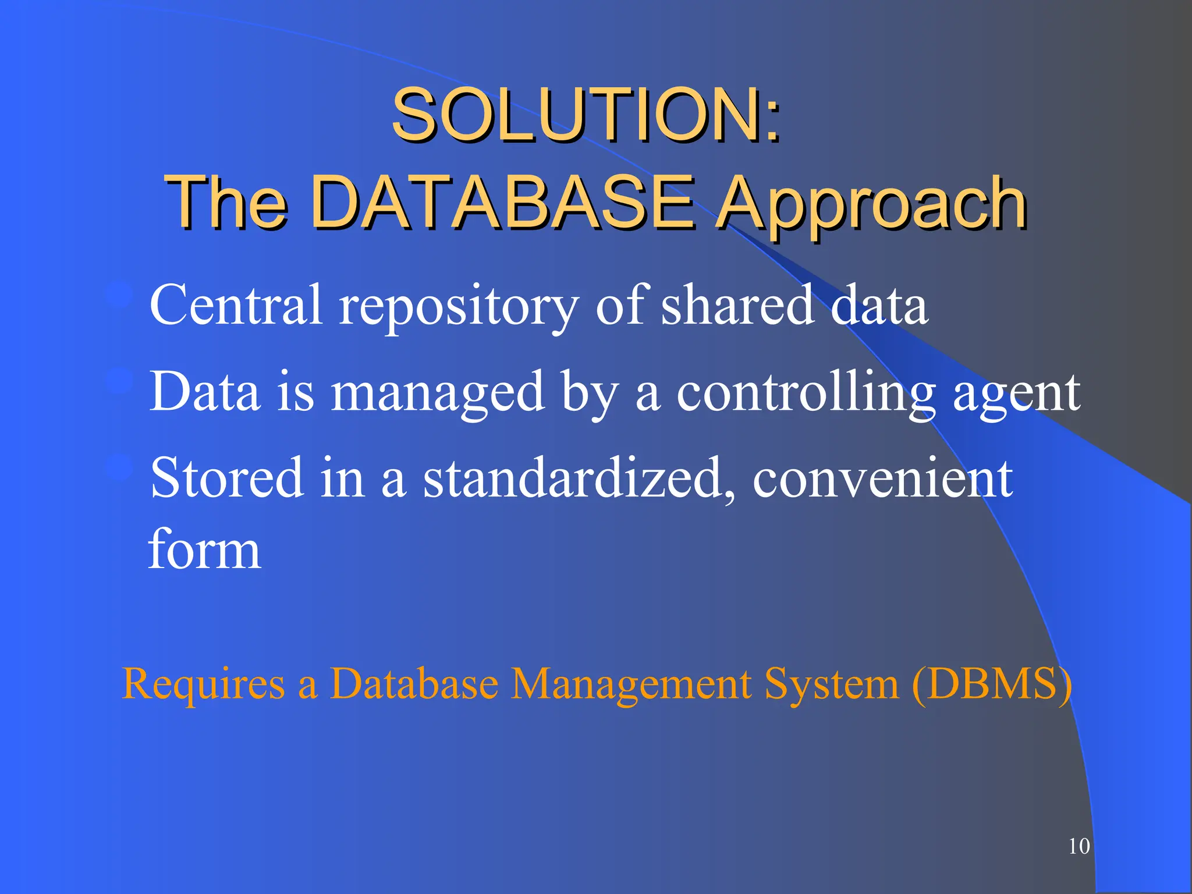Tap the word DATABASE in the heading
coord(503,202)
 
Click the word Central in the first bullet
coord(236,304)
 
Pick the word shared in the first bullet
coord(737,304)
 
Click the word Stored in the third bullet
coord(227,478)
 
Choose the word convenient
coord(882,478)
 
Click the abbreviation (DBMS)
coord(991,683)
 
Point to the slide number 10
coord(1079,846)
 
